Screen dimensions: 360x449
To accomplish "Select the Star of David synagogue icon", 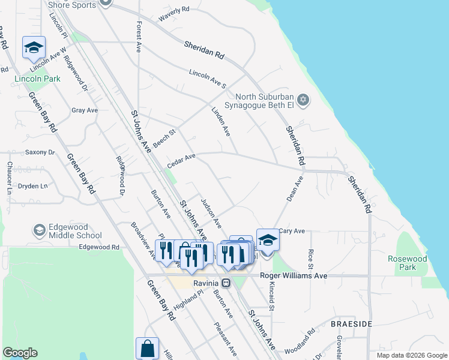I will tap(303, 99).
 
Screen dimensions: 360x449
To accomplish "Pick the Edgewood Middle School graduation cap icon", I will tap(39, 230).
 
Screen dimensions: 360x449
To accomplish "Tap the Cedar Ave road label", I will tap(182, 159).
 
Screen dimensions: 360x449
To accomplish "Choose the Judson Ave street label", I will tap(211, 214).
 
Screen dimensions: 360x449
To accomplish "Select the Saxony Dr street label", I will tap(40, 152).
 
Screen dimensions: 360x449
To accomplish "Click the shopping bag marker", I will tap(148, 348).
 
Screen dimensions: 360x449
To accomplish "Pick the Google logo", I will tap(20, 353).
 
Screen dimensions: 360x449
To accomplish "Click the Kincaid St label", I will tap(271, 298).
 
